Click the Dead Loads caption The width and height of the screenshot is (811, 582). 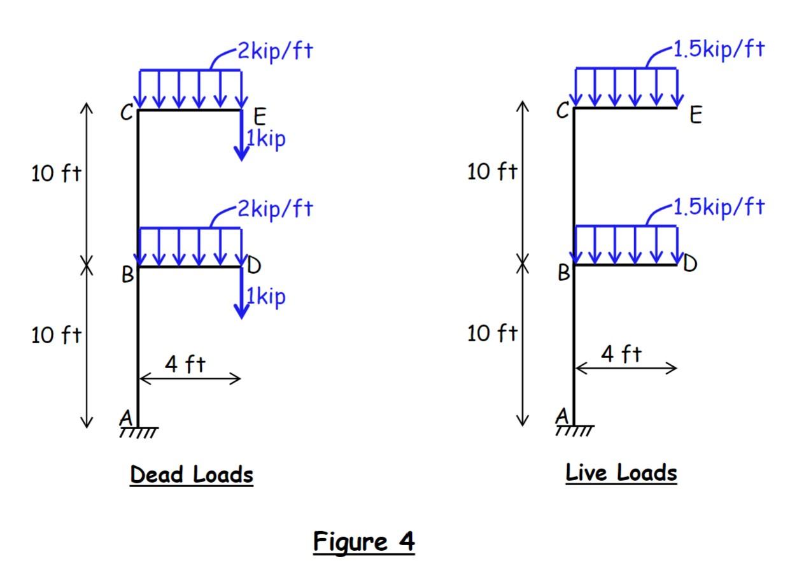(192, 474)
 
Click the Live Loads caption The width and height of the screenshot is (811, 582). (621, 473)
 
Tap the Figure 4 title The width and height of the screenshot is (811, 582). (363, 542)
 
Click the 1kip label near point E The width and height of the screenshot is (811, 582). (266, 138)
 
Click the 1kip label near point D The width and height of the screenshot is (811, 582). (266, 296)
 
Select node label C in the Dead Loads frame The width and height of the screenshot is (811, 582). (127, 114)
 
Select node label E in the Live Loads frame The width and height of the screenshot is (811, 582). (696, 115)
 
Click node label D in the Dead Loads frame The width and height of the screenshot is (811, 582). (253, 266)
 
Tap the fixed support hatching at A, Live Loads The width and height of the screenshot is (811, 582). (574, 431)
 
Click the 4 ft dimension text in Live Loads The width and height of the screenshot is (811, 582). (622, 354)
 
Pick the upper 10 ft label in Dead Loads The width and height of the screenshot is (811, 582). (56, 173)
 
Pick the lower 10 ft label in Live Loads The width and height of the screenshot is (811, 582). (492, 332)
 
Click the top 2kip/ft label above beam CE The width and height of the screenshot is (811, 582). (276, 51)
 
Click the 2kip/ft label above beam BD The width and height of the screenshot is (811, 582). (276, 208)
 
